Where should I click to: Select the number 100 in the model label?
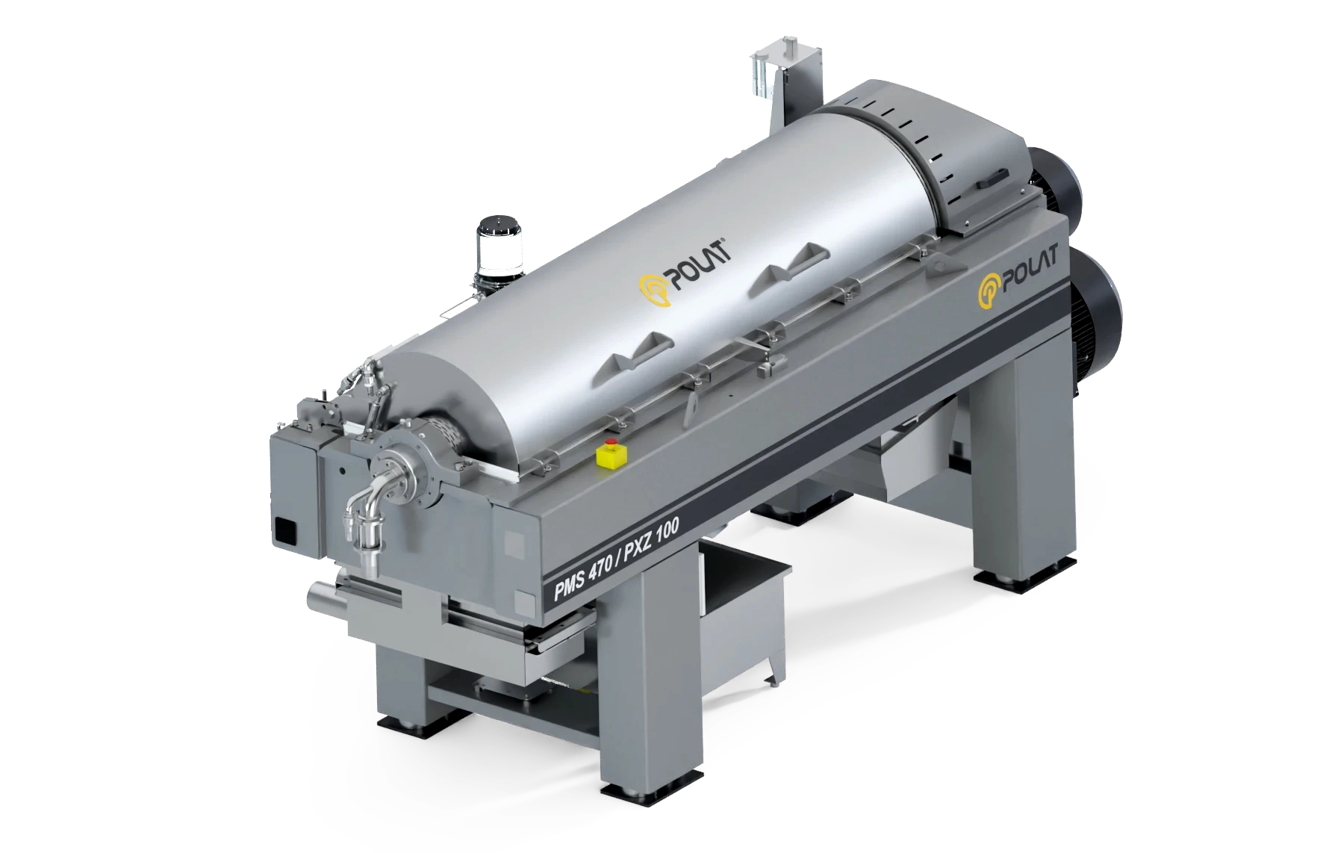(668, 530)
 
